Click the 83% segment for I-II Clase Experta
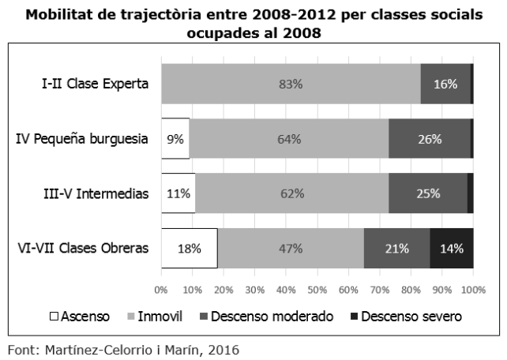291,84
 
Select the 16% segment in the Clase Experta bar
445,84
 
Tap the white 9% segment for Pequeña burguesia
175,140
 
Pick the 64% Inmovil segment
289,140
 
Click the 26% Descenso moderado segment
429,140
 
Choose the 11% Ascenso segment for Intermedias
178,194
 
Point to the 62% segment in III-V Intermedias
291,194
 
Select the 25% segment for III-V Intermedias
428,194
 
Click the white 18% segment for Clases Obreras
189,249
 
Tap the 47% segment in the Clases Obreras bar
291,249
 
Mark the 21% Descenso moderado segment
396,249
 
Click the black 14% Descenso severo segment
452,249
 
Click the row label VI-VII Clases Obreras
83,249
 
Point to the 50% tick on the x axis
317,290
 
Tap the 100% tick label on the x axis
472,290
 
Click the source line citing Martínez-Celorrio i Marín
122,348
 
